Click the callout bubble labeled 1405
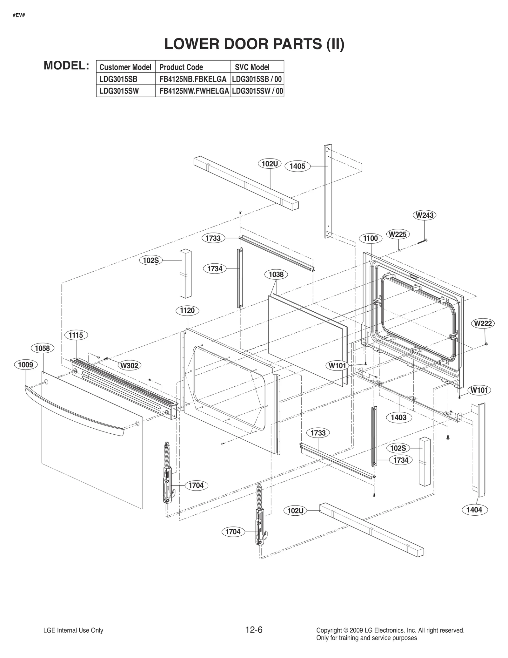[297, 166]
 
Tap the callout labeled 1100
[370, 238]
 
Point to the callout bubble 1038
[276, 274]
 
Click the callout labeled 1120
[187, 310]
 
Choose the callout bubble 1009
[25, 364]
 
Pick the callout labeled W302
[129, 365]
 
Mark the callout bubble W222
[483, 323]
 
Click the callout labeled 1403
[398, 417]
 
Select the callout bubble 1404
[474, 510]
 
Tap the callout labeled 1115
[76, 335]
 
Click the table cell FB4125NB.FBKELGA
[193, 79]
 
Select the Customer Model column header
[125, 67]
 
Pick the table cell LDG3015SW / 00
[257, 91]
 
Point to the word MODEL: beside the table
[66, 65]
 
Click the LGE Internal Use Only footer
[73, 630]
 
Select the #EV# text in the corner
[19, 15]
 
